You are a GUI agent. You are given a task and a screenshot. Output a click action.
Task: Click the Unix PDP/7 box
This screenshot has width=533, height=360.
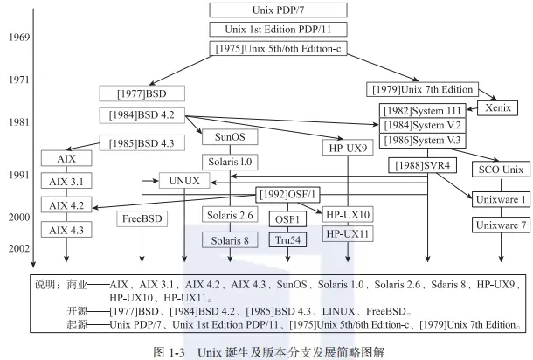[x=266, y=10]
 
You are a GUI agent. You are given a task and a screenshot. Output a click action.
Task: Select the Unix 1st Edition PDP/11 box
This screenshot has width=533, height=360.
[x=266, y=29]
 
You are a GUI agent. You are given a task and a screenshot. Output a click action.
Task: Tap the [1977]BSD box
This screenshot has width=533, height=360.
[x=142, y=92]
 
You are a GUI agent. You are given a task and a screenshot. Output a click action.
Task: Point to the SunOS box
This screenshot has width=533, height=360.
[x=230, y=138]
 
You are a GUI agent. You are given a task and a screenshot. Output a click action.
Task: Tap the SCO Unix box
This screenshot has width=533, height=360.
[x=501, y=168]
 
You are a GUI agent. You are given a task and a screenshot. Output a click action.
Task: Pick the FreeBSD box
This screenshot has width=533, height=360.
[x=141, y=218]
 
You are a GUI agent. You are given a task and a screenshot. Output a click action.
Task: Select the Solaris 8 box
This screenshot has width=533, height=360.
[x=230, y=239]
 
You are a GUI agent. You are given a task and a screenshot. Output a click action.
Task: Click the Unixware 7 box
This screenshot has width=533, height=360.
[x=501, y=225]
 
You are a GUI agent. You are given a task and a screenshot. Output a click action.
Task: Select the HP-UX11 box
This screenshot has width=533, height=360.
[x=348, y=233]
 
